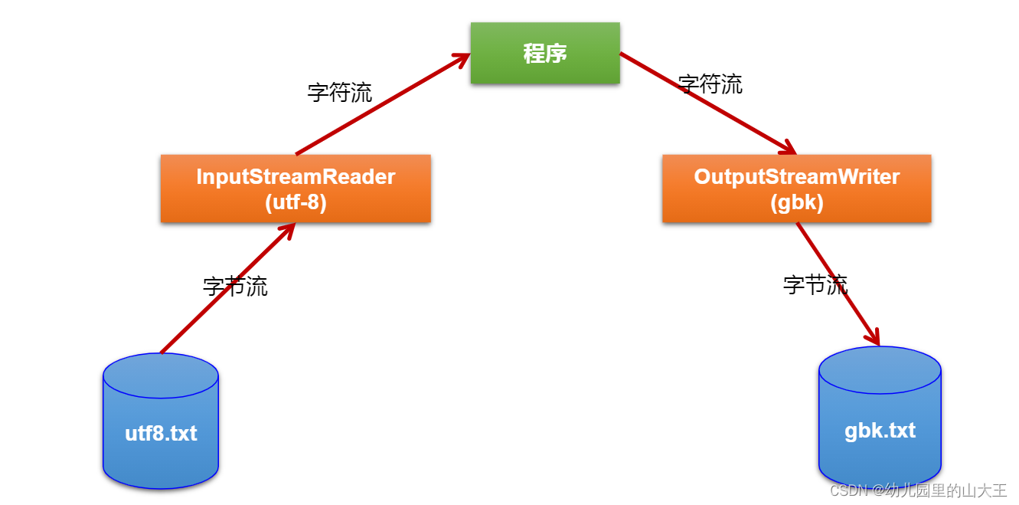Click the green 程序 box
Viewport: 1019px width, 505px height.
(x=544, y=53)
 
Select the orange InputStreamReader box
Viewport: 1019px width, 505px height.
(x=296, y=189)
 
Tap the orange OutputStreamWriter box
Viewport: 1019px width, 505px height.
(x=796, y=189)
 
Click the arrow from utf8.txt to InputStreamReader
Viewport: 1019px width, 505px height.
(x=222, y=291)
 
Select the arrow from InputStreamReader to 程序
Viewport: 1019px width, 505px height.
(x=383, y=103)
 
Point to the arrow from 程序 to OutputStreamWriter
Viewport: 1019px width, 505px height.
(x=708, y=103)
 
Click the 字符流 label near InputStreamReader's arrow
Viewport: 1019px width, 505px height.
(x=340, y=93)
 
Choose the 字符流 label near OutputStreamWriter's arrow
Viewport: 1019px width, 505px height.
(x=710, y=84)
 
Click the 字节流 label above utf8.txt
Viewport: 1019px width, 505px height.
(x=235, y=287)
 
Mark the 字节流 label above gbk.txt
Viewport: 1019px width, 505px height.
(x=815, y=285)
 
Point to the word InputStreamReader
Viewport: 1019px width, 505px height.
(x=296, y=177)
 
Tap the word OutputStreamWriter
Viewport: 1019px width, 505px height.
(x=796, y=177)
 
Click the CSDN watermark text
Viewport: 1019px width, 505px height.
(x=918, y=490)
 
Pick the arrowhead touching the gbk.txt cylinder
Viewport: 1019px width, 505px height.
(x=873, y=337)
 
